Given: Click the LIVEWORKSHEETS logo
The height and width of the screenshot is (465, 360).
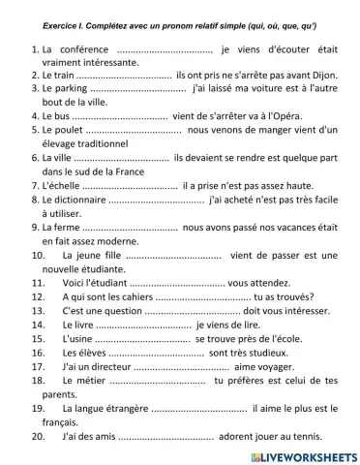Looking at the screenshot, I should (x=303, y=455).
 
